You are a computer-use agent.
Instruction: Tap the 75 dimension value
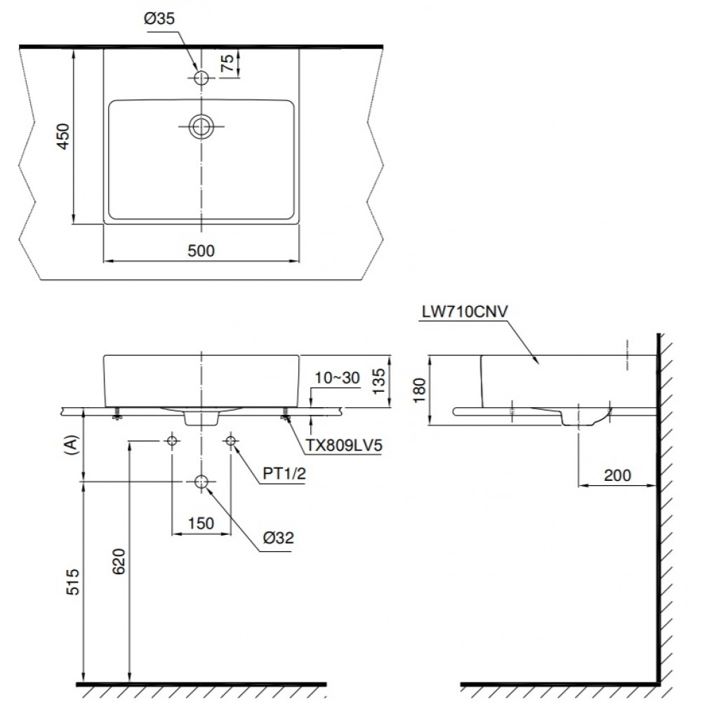[227, 64]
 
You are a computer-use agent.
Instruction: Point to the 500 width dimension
[201, 250]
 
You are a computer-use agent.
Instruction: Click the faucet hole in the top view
[201, 78]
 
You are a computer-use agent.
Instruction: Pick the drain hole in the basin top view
[201, 126]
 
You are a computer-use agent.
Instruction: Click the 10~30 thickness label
[337, 378]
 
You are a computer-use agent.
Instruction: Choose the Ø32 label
[279, 538]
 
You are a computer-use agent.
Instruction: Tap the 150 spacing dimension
[201, 523]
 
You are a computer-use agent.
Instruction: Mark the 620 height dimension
[119, 562]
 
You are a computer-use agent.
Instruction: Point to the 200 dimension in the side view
[617, 475]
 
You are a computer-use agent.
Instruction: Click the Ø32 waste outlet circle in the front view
[201, 482]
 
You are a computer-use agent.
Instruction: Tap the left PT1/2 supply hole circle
[172, 441]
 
